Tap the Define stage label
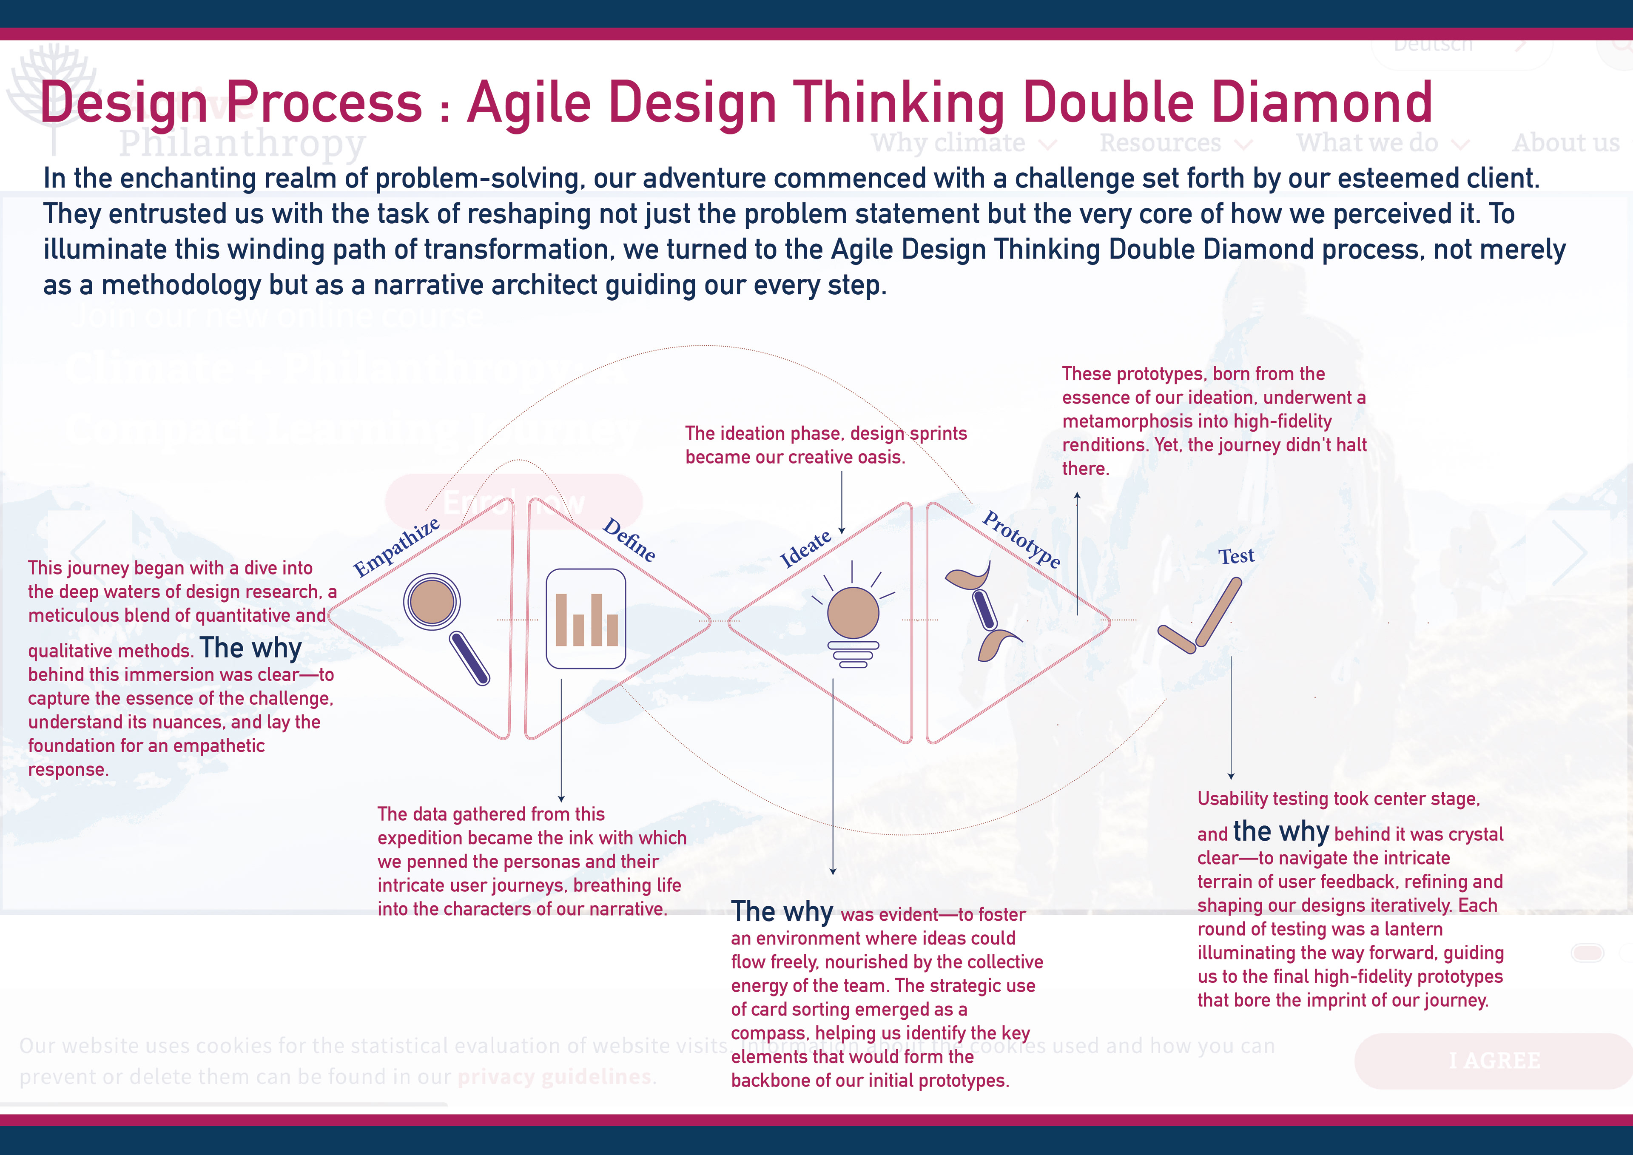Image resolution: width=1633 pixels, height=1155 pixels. (629, 540)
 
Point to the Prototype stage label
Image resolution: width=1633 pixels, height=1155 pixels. (1021, 539)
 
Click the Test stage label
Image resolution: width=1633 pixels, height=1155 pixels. (1236, 555)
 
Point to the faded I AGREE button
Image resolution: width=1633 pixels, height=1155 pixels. (1494, 1061)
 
